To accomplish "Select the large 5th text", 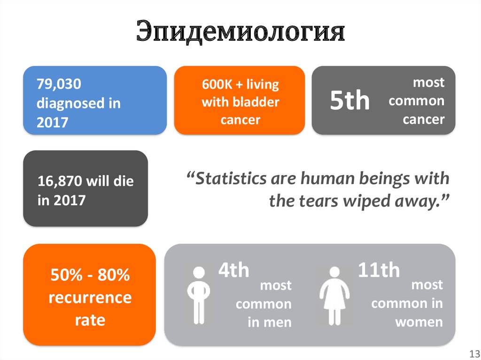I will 350,101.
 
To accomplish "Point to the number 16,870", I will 60,181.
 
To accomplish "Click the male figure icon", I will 199,295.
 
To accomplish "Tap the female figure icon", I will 334,295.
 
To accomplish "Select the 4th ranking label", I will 233,271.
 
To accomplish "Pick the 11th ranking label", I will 379,271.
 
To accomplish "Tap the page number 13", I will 472,353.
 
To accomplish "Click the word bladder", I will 260,102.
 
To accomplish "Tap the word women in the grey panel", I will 419,322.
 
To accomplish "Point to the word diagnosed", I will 68,103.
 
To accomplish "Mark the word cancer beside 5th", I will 423,119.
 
